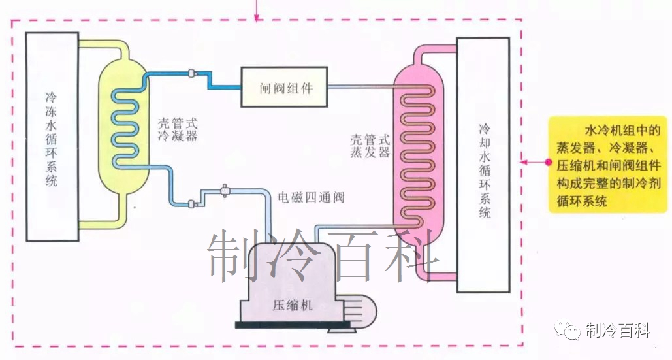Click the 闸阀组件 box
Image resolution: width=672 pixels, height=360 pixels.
point(284,87)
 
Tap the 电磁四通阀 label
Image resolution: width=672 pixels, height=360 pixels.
point(311,197)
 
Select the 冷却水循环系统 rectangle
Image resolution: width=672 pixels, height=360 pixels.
point(483,165)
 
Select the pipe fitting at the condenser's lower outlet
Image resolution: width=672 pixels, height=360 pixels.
point(191,204)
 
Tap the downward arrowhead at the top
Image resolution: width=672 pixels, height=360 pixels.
point(256,15)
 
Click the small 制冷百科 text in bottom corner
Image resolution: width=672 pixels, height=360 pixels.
point(618,331)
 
